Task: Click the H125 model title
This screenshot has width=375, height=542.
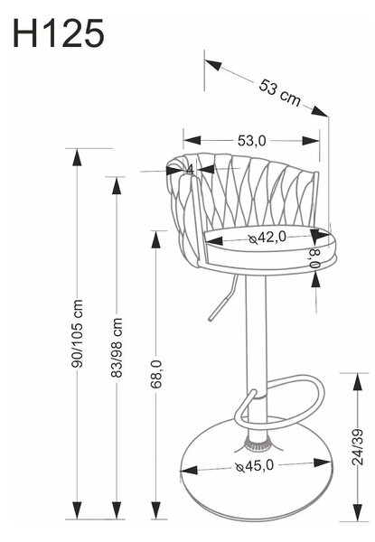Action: tap(58, 33)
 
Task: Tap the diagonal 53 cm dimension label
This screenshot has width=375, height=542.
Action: tap(280, 93)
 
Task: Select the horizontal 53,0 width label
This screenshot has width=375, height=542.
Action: tap(252, 141)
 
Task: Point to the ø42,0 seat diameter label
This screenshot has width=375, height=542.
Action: tap(267, 238)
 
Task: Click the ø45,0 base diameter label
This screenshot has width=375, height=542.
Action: tap(255, 466)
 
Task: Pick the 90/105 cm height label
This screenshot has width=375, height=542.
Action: tap(77, 333)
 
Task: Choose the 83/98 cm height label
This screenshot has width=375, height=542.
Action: tap(117, 348)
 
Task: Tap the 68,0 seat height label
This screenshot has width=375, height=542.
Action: tap(156, 374)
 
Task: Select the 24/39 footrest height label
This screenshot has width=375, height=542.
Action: tap(358, 447)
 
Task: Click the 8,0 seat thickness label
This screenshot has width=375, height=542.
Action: tap(315, 258)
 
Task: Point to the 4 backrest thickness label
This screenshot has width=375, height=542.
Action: tap(190, 170)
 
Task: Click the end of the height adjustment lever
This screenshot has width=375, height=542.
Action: tap(211, 318)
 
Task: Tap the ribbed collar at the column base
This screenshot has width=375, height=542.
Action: tap(258, 444)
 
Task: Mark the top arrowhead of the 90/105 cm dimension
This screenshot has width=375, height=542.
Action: tap(77, 157)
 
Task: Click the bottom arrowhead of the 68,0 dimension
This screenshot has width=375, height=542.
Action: tap(156, 509)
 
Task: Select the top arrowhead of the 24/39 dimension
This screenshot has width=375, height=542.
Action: tap(358, 382)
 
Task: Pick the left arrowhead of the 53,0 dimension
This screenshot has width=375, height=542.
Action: tap(192, 140)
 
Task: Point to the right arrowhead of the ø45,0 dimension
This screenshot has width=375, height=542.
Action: tap(323, 463)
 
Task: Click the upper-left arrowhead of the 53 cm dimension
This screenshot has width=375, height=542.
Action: tap(213, 65)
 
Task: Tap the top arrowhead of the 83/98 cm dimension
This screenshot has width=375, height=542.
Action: tap(117, 186)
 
